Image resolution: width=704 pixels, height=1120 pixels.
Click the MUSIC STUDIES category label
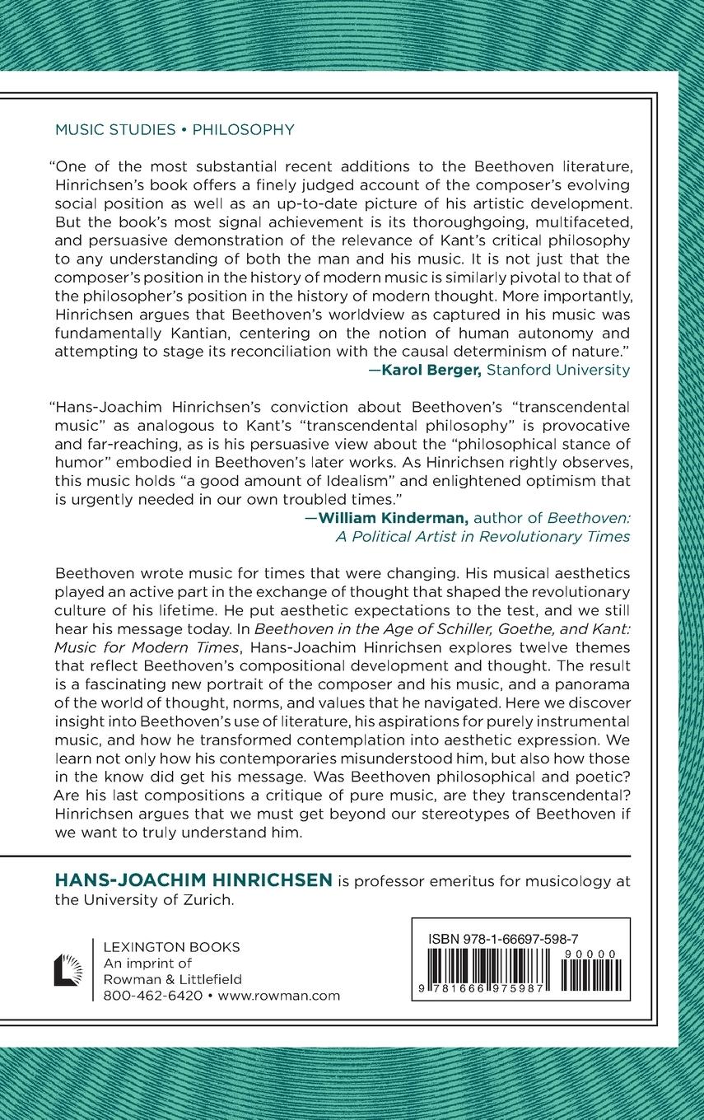114,129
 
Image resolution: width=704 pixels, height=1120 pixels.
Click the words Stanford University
558,370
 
